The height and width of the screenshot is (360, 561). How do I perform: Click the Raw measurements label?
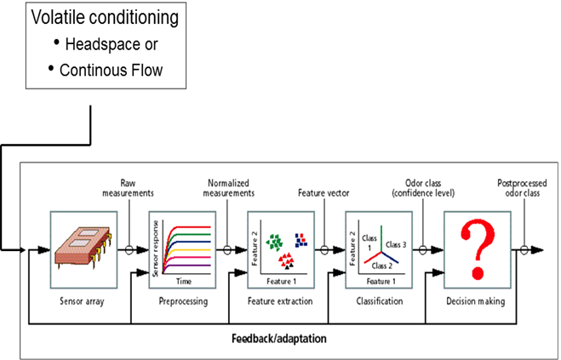(x=129, y=187)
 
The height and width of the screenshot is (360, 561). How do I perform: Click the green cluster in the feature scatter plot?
(x=274, y=243)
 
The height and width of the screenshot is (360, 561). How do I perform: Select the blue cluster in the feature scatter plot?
(x=300, y=239)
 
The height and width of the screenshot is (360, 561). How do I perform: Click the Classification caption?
(x=375, y=300)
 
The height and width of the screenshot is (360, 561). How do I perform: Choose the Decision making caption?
(x=475, y=300)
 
